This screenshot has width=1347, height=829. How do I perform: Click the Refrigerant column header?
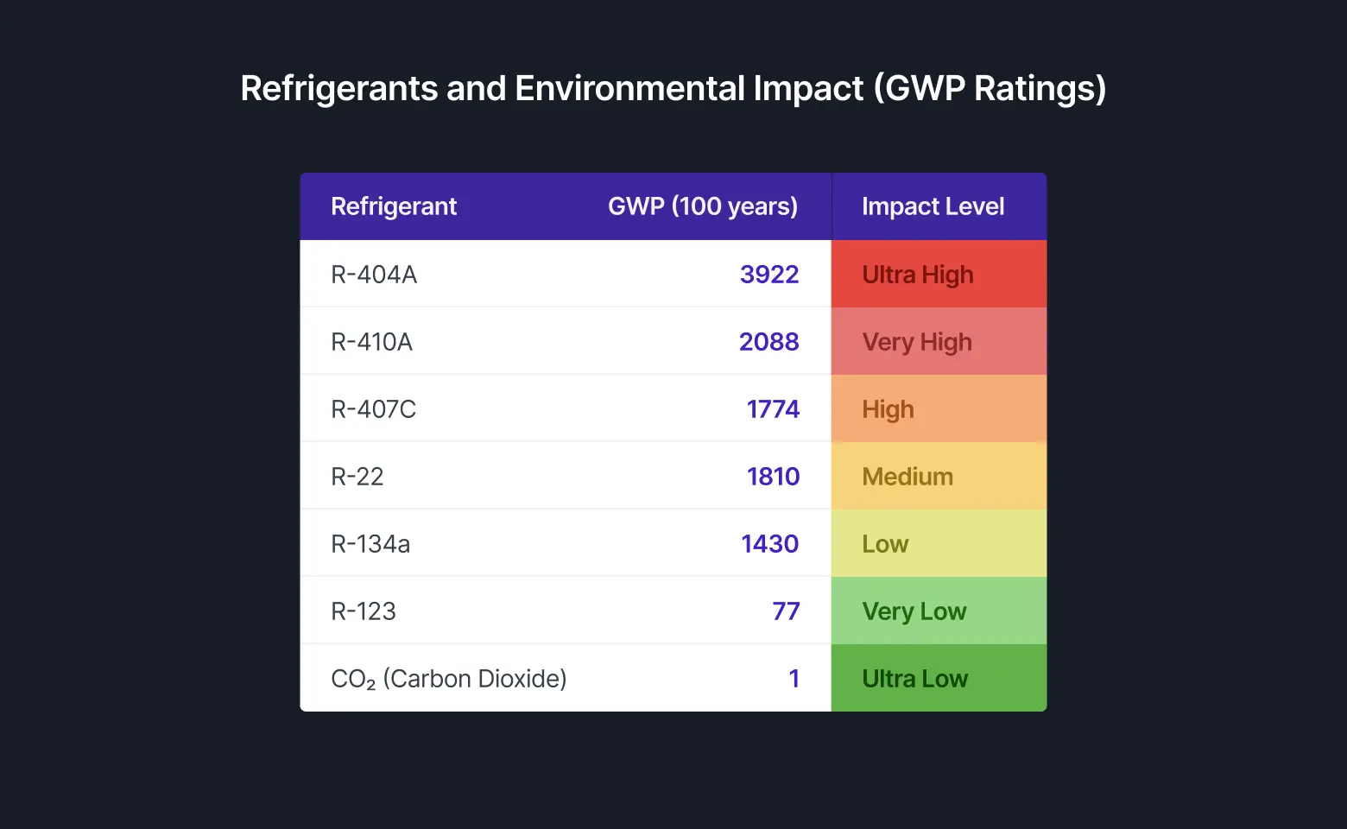(x=394, y=206)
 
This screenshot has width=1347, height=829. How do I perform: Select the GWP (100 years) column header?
(x=702, y=206)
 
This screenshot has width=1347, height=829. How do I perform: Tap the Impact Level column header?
(x=933, y=206)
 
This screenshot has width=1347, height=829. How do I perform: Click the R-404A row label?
(x=374, y=275)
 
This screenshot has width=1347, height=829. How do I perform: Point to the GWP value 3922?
(x=769, y=275)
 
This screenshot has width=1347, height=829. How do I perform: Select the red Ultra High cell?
(x=938, y=275)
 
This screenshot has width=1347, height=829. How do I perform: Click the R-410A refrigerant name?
(x=372, y=342)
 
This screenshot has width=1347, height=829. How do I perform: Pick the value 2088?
(x=768, y=342)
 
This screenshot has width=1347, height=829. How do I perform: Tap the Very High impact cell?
(x=938, y=342)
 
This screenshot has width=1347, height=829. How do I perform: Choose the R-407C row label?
(x=374, y=409)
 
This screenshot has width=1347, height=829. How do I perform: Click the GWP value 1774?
(x=773, y=409)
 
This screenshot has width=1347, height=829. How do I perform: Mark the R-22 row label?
(x=357, y=477)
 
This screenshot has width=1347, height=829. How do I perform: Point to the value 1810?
(x=773, y=477)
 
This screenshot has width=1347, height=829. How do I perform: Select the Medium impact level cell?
(x=938, y=477)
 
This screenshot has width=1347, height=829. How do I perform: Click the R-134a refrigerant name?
(x=370, y=544)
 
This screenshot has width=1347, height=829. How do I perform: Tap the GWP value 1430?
(x=769, y=544)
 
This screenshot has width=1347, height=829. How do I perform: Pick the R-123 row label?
(x=364, y=611)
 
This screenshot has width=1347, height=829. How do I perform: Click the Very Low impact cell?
(x=938, y=611)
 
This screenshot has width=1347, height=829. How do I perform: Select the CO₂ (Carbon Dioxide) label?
(x=449, y=679)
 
